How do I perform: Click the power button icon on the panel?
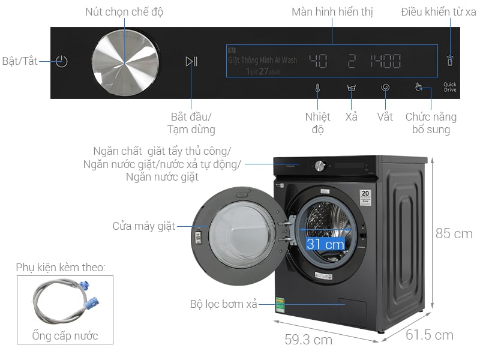click(61, 61)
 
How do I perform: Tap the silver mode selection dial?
click(125, 62)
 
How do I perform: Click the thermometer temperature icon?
click(317, 88)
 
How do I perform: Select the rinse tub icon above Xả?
click(352, 88)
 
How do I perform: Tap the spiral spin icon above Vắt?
click(386, 88)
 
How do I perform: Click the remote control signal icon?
click(450, 61)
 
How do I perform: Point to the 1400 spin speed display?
click(385, 61)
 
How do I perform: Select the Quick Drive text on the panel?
click(450, 87)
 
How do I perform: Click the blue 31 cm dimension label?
click(325, 244)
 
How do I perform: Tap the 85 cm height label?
click(454, 234)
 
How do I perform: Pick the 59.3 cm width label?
click(308, 340)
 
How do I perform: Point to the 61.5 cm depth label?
click(430, 335)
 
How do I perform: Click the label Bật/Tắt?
click(20, 61)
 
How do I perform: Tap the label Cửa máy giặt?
click(144, 226)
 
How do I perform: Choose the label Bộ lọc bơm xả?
click(224, 305)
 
